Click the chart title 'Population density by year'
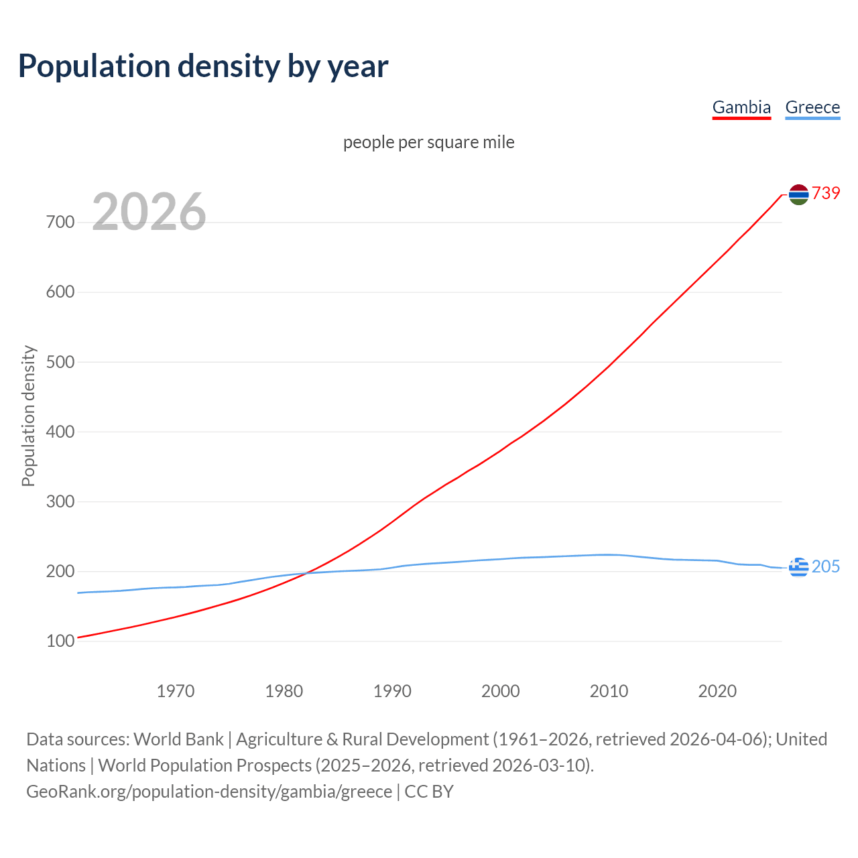(203, 66)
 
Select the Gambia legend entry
(741, 107)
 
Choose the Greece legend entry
(812, 107)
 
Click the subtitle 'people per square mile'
(429, 142)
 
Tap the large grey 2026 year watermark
(149, 212)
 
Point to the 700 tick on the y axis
(60, 222)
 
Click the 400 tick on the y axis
(60, 432)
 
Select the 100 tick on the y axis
(60, 641)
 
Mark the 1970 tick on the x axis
(176, 691)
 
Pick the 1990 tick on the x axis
(392, 691)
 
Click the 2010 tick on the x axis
(609, 691)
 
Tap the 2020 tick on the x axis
(717, 691)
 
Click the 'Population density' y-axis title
(28, 416)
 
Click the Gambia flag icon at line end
(798, 194)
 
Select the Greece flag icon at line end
(798, 567)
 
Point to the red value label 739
(826, 193)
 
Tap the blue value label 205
(826, 567)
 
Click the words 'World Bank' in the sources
(178, 739)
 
